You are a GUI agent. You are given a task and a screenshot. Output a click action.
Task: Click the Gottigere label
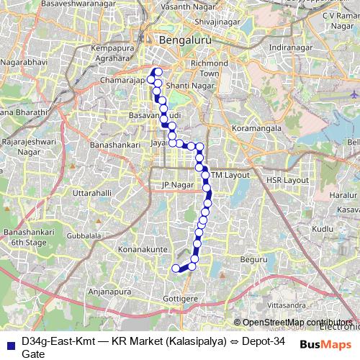181,297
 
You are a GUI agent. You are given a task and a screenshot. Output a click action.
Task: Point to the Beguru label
253,258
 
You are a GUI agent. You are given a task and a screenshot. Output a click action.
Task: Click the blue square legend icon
9,343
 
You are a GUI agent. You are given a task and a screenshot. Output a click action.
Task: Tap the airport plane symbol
353,94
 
